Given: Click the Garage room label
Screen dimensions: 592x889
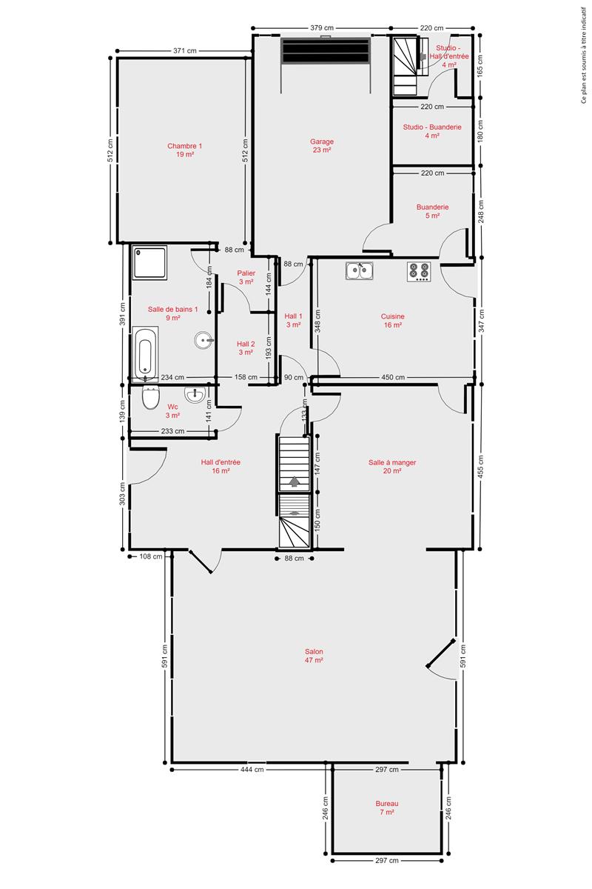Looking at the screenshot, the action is coord(322,146).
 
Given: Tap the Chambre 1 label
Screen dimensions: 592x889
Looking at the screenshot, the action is coord(185,150).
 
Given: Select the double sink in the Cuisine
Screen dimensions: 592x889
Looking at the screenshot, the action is coord(359,271).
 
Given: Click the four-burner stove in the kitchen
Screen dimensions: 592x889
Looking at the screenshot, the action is coord(419,272).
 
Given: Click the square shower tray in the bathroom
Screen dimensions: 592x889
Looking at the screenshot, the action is coord(149,263).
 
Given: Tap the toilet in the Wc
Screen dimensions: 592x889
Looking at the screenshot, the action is coord(151,397).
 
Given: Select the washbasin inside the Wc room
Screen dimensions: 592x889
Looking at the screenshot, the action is coord(195,393).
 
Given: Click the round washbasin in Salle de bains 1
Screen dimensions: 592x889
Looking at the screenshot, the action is coord(204,340).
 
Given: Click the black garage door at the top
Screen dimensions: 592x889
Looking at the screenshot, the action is coord(325,50).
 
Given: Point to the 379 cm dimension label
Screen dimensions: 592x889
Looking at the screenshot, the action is coord(322,28).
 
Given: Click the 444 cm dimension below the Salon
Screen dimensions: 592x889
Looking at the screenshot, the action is coord(252,769).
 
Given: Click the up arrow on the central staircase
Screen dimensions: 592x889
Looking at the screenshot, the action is coord(295,482).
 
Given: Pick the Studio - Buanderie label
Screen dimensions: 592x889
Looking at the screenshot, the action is coord(432,131).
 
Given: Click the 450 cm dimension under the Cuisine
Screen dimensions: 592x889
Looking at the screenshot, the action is coord(393,377).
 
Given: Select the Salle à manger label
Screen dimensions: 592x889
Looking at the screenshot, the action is coord(392,467).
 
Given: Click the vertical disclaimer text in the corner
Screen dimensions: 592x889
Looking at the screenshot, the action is coord(584,55).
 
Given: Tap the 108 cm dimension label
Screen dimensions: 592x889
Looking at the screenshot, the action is coord(151,556).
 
